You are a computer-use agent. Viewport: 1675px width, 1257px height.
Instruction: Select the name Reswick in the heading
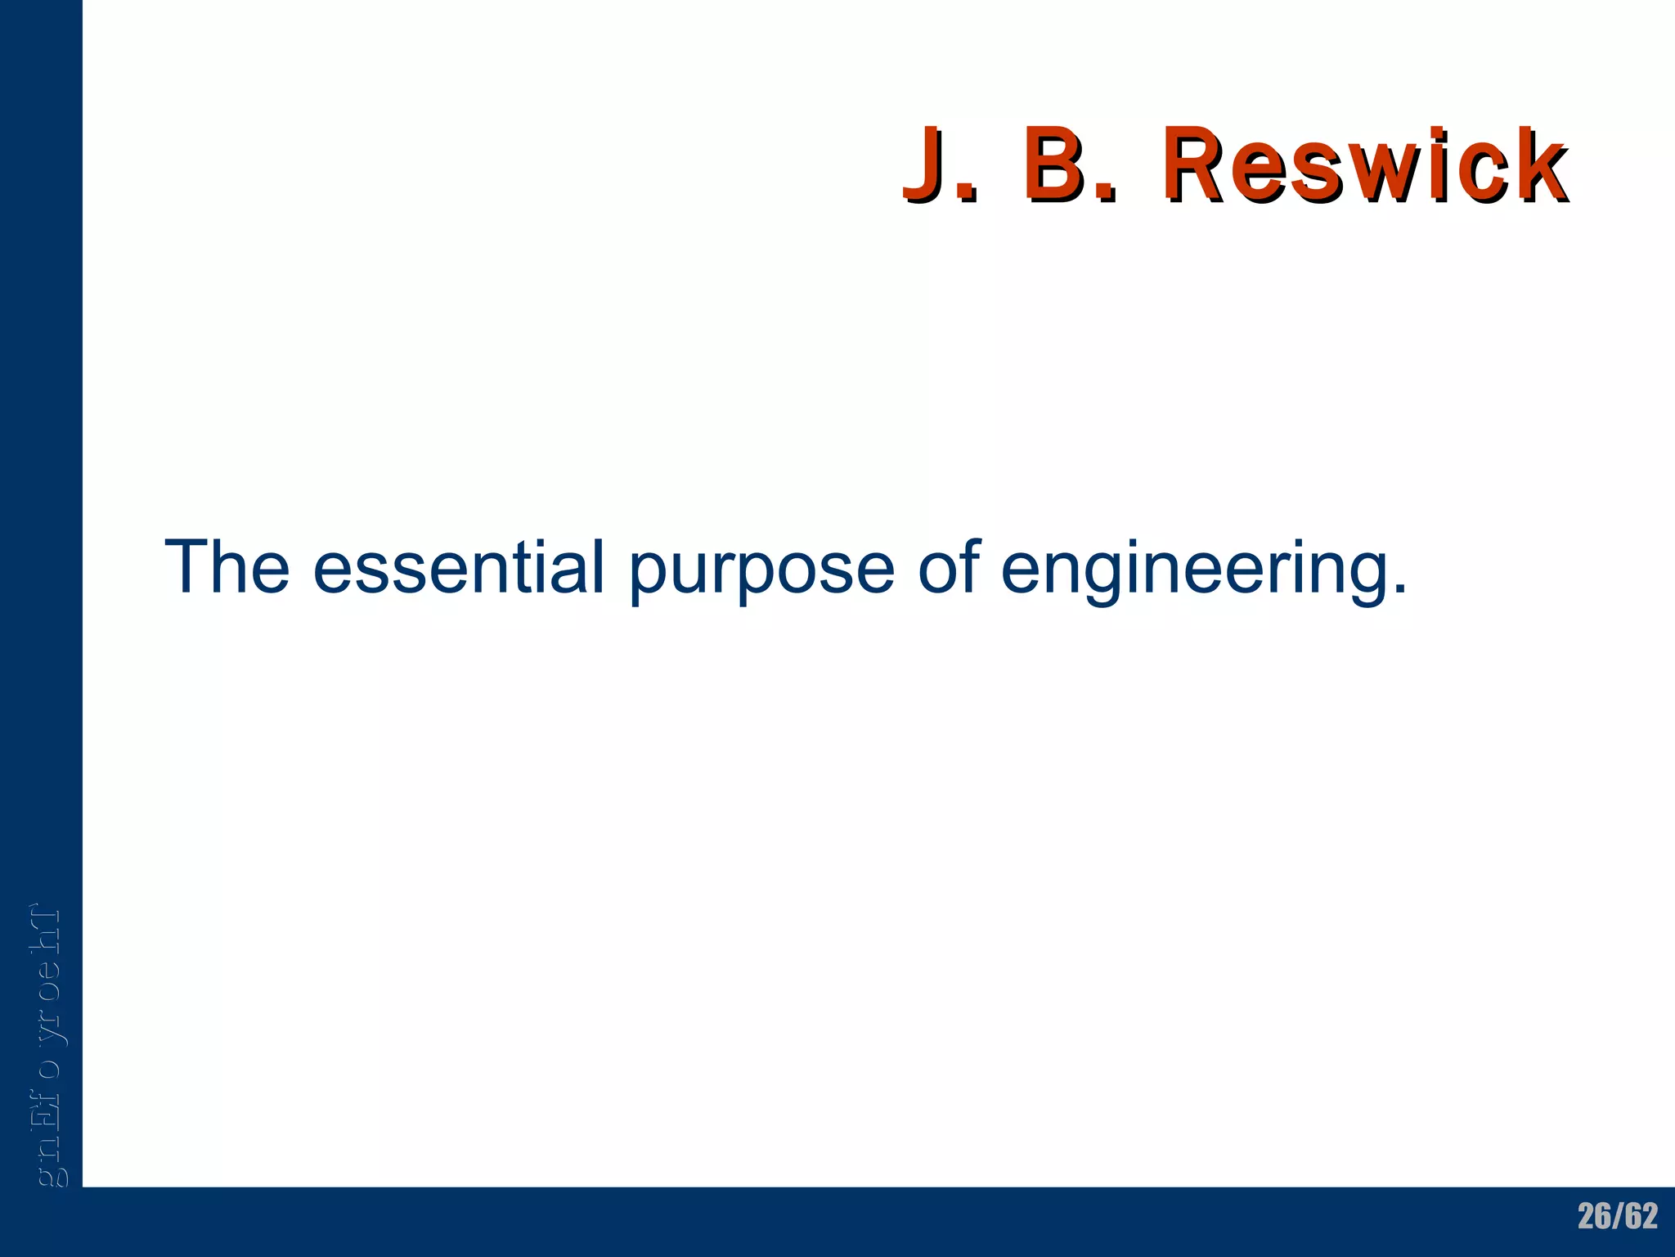(1364, 164)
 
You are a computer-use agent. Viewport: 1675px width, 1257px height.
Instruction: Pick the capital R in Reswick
(1201, 164)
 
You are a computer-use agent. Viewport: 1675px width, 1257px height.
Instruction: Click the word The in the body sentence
(227, 566)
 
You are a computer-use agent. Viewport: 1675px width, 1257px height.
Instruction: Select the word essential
(458, 566)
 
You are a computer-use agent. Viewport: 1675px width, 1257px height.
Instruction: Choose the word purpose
(761, 573)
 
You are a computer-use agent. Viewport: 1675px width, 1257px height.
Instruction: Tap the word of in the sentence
(948, 566)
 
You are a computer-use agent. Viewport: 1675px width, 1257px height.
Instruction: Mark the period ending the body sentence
(1399, 588)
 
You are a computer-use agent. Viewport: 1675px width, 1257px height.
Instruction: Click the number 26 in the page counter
(1595, 1217)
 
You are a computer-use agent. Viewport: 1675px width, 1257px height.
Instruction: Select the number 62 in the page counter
(1641, 1217)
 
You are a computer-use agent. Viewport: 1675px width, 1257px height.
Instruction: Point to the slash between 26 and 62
(1618, 1217)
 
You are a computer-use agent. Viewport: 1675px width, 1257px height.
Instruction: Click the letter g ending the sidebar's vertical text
(51, 1177)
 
